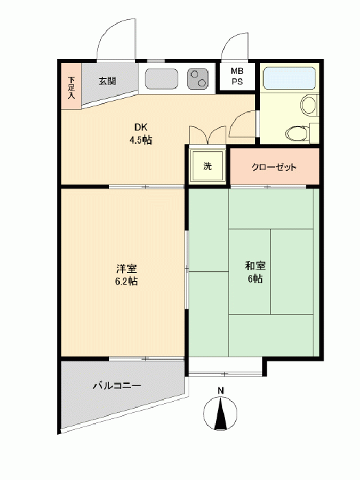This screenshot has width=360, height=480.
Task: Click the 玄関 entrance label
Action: (107, 81)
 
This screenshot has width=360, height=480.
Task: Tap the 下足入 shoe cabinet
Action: (71, 86)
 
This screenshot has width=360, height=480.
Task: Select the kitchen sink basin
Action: (161, 79)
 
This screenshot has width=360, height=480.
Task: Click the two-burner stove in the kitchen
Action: (197, 79)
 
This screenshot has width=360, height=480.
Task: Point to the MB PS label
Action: (237, 77)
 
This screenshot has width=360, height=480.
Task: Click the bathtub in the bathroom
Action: (289, 78)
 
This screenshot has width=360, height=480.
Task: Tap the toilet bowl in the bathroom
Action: (298, 133)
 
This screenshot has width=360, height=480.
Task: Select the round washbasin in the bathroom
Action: (309, 104)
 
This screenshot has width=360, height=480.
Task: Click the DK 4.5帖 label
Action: (141, 134)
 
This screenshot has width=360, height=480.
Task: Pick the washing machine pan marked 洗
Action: (207, 166)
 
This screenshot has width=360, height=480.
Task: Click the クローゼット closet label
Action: (274, 167)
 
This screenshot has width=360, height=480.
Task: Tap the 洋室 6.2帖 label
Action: (126, 274)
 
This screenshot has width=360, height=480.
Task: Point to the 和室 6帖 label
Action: (255, 272)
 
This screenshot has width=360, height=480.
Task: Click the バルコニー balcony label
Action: (117, 385)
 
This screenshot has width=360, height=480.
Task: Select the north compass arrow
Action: (221, 413)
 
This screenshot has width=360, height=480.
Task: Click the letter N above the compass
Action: (221, 390)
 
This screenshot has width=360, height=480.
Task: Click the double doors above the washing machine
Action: (208, 134)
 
